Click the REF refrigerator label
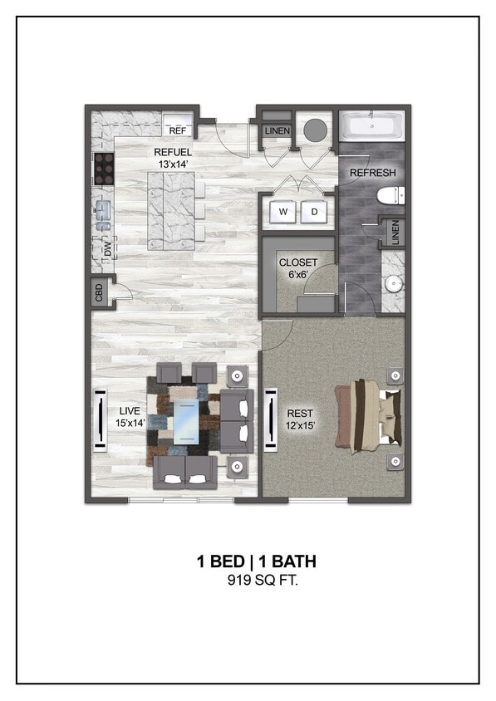[x=177, y=130]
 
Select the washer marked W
[x=283, y=212]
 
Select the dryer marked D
[x=314, y=212]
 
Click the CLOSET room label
[x=297, y=263]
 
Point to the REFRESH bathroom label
[x=372, y=173]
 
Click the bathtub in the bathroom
[x=372, y=127]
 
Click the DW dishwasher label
[x=107, y=247]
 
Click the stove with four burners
[x=104, y=169]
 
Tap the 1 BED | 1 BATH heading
[x=256, y=562]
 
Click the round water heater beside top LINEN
[x=316, y=130]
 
